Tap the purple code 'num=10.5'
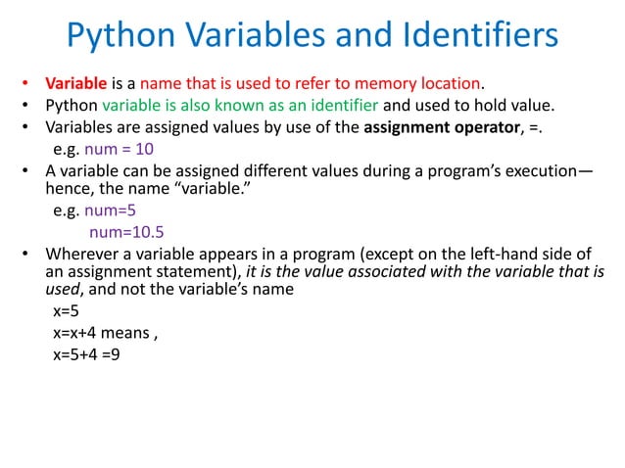[x=125, y=232]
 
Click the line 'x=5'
[x=66, y=312]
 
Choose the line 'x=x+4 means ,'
[x=105, y=333]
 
